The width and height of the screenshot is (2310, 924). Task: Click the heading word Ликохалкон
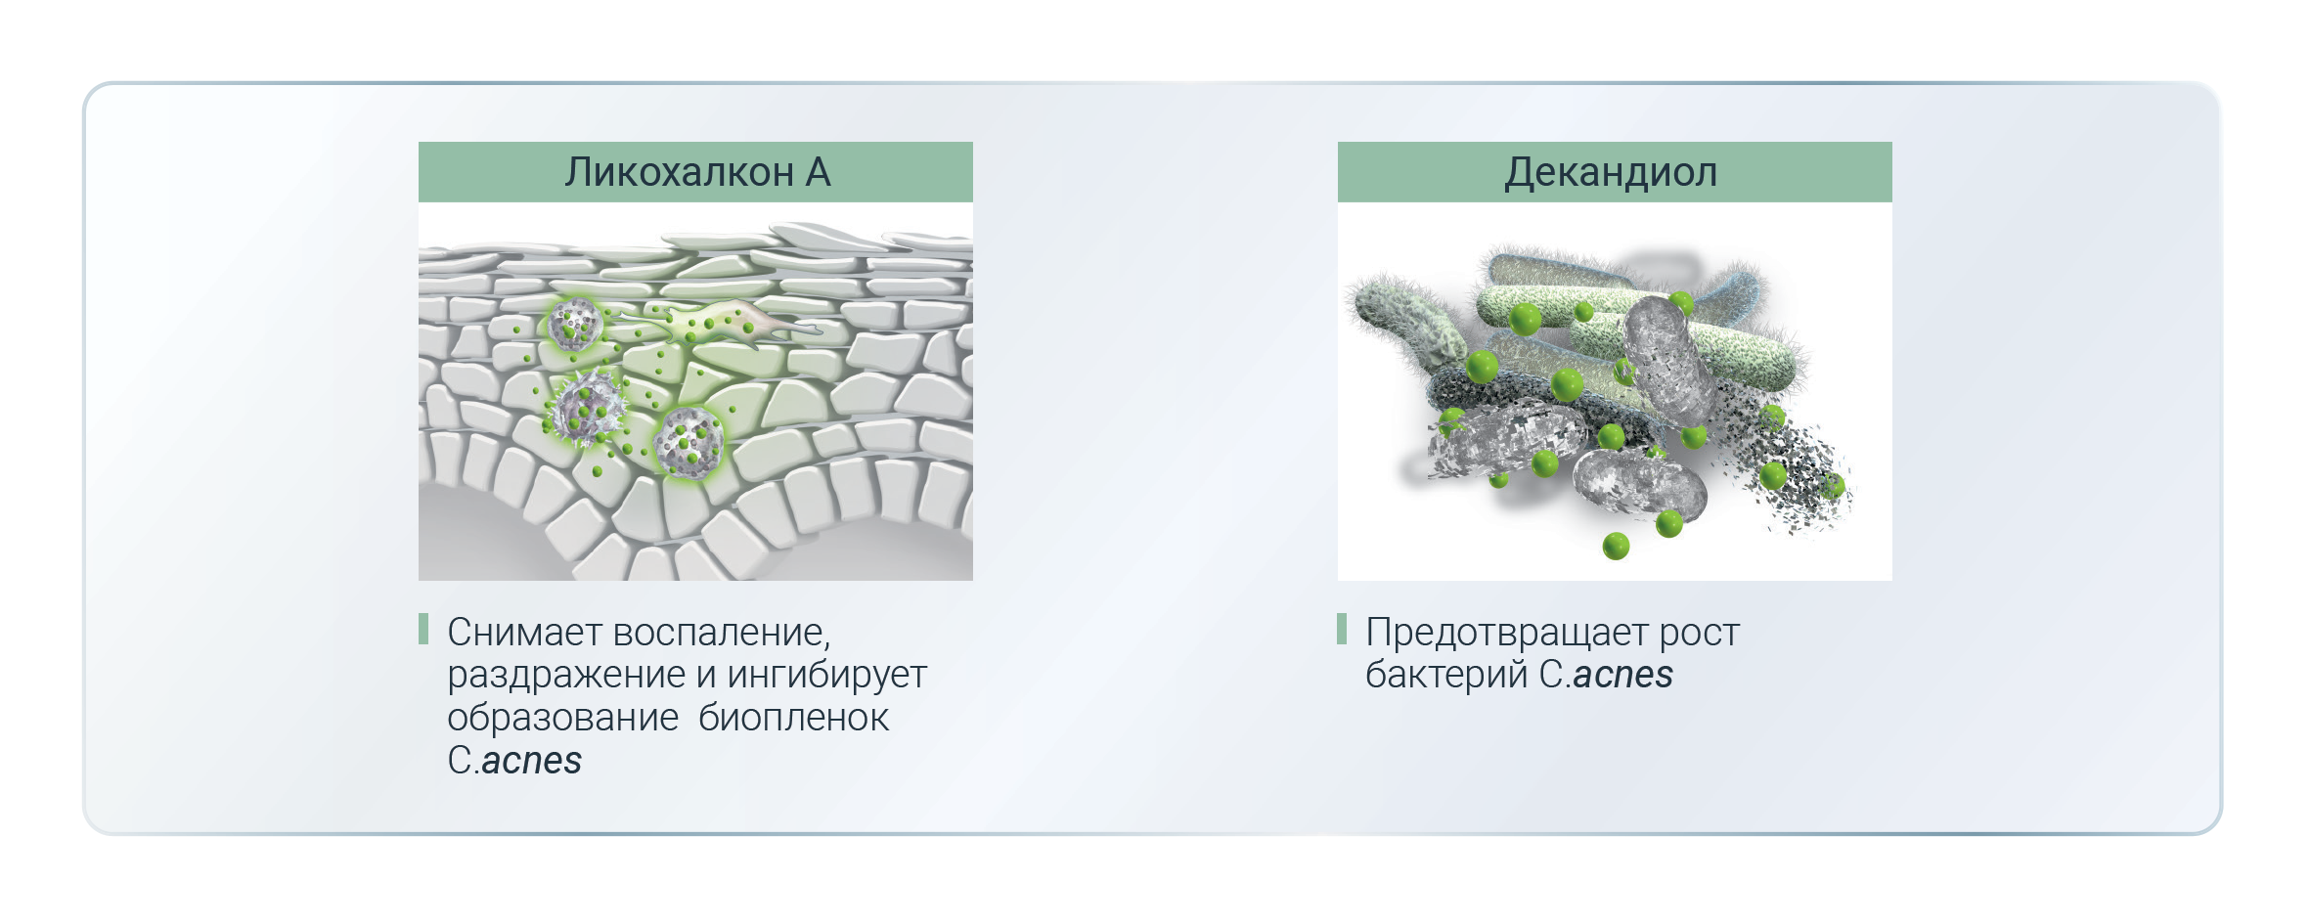tap(679, 172)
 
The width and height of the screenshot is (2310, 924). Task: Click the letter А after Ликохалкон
tap(819, 172)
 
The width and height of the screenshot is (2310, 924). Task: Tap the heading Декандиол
tap(1611, 173)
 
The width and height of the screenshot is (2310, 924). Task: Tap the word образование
tap(563, 719)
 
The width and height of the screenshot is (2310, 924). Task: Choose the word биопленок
tap(793, 719)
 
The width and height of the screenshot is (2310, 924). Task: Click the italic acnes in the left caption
tap(532, 762)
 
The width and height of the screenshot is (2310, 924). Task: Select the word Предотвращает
tap(1506, 634)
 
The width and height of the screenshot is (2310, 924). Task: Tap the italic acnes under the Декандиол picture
tap(1623, 676)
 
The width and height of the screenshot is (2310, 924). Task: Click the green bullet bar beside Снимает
tap(423, 629)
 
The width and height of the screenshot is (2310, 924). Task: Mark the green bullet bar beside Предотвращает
tap(1342, 629)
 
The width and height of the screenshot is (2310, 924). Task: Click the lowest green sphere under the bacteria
tap(1616, 546)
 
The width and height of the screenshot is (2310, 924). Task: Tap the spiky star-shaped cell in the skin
tap(585, 408)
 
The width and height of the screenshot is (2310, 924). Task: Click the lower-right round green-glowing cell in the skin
tap(689, 442)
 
